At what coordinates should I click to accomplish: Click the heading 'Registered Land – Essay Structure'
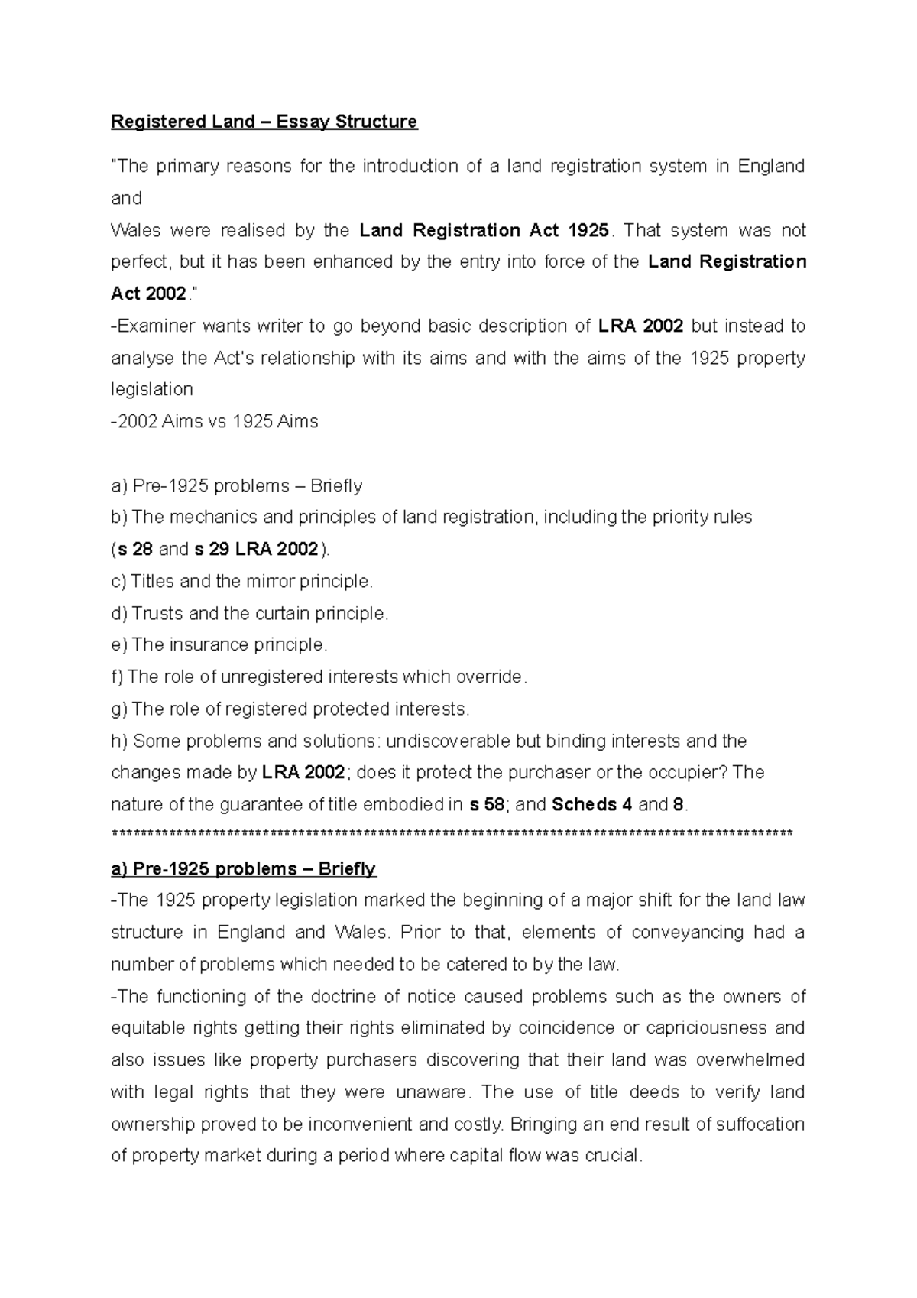tap(264, 122)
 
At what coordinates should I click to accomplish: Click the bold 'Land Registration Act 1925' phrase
tap(484, 230)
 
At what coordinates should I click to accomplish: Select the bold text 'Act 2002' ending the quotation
tap(148, 294)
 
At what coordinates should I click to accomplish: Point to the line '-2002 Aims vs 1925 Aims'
tap(215, 422)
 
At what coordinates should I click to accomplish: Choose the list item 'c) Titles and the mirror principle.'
tap(241, 582)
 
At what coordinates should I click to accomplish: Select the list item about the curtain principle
tap(250, 613)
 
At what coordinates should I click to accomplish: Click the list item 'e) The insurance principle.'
tap(219, 645)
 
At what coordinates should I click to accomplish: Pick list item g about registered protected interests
tap(290, 709)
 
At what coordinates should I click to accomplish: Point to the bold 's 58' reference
tap(486, 805)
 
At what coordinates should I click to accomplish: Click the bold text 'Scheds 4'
tap(591, 805)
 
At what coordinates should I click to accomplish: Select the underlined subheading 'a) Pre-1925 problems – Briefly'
tap(243, 869)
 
